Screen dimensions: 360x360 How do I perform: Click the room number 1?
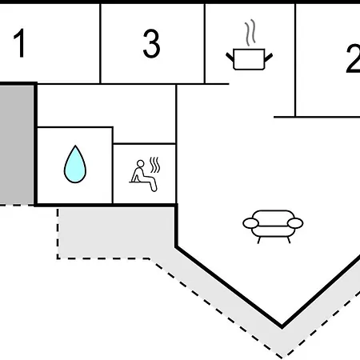19,43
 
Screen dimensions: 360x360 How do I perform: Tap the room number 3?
151,43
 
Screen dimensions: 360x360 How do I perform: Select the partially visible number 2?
353,58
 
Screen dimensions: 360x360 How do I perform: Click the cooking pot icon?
249,59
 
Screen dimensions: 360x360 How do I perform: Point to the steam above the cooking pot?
250,32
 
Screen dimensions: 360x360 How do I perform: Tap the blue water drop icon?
75,164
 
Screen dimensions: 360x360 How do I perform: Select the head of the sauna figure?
141,163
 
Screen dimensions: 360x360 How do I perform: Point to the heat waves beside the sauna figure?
154,165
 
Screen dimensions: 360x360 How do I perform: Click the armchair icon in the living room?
273,226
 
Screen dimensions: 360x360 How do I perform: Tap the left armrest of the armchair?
250,223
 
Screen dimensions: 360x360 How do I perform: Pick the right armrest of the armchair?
295,223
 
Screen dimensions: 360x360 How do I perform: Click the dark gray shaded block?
16,145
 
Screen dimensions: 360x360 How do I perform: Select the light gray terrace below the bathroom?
116,233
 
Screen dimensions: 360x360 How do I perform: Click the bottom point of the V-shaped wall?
282,326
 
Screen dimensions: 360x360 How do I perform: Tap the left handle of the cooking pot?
230,57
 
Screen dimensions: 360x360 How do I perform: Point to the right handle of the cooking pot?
269,58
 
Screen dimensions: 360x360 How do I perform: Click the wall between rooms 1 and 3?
100,43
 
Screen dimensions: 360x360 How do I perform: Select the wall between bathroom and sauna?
113,166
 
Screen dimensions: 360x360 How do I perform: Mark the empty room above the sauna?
106,106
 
